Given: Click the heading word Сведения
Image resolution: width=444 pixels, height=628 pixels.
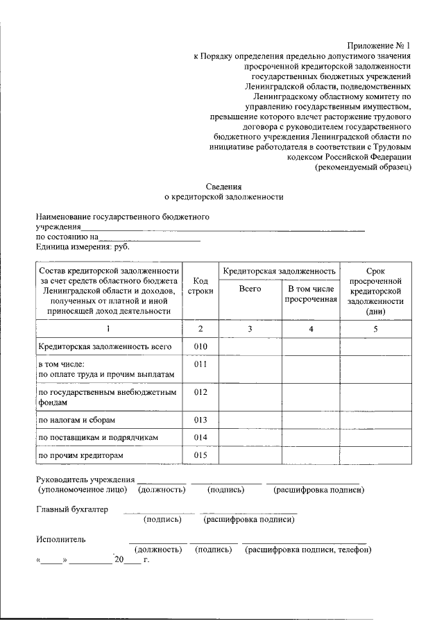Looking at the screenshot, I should [x=224, y=187].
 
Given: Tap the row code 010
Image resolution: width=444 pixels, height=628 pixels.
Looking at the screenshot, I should [x=201, y=346].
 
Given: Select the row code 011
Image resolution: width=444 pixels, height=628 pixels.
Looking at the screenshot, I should [x=201, y=364].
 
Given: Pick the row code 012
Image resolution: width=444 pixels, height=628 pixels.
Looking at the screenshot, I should [x=201, y=393].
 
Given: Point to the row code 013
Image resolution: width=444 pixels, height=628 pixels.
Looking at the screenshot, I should [x=201, y=420].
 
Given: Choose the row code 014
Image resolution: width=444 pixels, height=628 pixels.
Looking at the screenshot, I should [x=201, y=437].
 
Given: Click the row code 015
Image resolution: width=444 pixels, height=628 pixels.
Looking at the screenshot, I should [x=201, y=455].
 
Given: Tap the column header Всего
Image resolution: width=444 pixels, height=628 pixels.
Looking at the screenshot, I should [x=249, y=289].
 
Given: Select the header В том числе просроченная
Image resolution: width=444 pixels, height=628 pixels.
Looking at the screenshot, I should [x=310, y=294].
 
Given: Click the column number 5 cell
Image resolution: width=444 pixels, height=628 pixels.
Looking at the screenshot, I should [x=375, y=329].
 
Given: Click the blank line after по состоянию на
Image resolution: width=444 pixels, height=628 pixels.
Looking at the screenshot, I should [x=150, y=238].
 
